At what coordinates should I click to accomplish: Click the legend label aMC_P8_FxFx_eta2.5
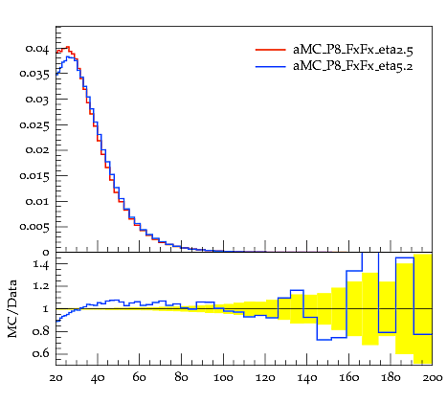(x=353, y=50)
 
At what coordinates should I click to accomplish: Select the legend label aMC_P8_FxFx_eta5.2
(x=353, y=66)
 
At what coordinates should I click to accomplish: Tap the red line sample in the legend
(x=271, y=50)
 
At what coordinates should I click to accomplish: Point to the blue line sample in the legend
(x=271, y=66)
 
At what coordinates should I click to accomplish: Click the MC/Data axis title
(x=12, y=308)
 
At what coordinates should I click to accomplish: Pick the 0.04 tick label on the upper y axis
(x=37, y=49)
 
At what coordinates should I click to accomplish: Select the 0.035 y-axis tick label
(x=34, y=74)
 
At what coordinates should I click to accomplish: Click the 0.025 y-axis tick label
(x=34, y=125)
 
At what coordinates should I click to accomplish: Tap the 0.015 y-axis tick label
(x=34, y=176)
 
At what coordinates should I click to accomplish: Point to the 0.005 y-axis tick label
(x=34, y=227)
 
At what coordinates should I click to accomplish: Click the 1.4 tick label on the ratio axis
(x=41, y=264)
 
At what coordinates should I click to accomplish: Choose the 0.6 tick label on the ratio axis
(x=40, y=353)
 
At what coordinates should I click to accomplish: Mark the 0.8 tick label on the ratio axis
(x=40, y=331)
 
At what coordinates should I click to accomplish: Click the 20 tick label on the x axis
(x=56, y=378)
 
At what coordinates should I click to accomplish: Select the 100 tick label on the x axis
(x=223, y=378)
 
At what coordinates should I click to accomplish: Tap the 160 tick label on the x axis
(x=348, y=378)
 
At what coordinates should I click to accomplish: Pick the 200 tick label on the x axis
(x=433, y=378)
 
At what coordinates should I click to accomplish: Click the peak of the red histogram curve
(x=68, y=47)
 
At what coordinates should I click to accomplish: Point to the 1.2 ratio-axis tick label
(x=41, y=286)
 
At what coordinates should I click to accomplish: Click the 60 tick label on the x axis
(x=140, y=378)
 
